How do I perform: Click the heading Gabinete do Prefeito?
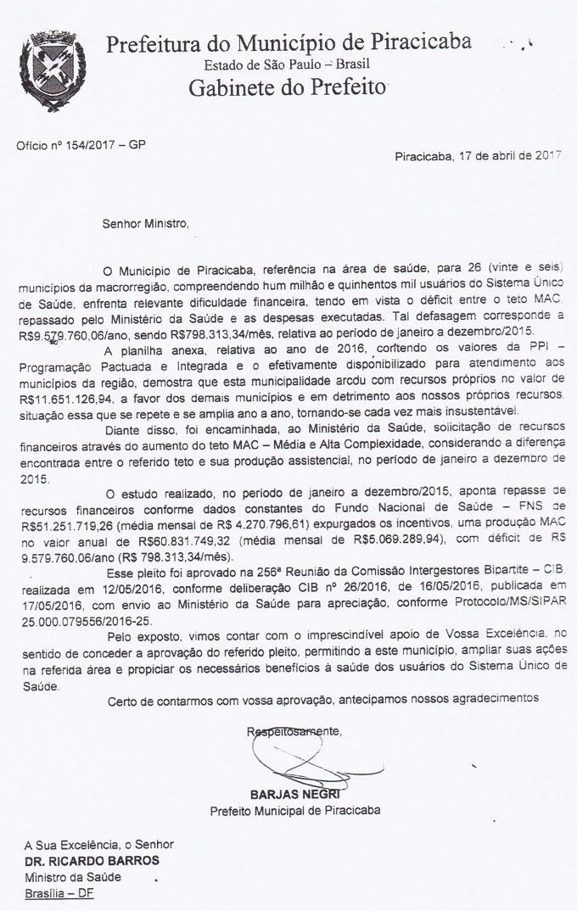tap(288, 87)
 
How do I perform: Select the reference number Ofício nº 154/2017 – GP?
tap(81, 145)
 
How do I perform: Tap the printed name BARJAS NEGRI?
tap(294, 795)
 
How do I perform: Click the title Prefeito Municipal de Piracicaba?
tap(295, 810)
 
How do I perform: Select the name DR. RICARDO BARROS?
tap(92, 859)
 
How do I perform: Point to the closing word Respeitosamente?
tap(294, 730)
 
